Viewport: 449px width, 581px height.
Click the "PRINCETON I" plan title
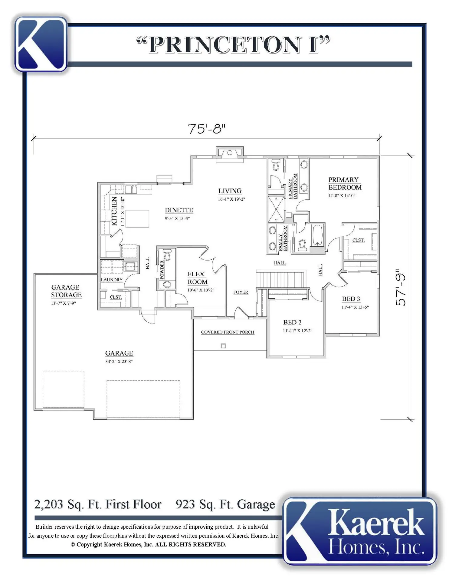click(x=233, y=45)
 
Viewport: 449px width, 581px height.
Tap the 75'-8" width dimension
click(x=207, y=129)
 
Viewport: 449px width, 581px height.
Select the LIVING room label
click(x=230, y=191)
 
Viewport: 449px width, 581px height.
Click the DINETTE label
click(x=179, y=210)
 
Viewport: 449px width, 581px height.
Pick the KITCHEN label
click(x=114, y=211)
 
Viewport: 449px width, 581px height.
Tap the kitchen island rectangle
click(x=137, y=218)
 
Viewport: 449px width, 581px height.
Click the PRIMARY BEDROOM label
click(x=345, y=183)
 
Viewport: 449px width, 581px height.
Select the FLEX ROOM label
click(x=198, y=278)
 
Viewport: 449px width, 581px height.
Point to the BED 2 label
click(x=292, y=322)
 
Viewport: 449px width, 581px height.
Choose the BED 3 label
click(x=351, y=299)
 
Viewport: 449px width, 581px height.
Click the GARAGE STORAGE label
click(x=66, y=291)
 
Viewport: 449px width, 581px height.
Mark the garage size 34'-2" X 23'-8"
click(x=119, y=361)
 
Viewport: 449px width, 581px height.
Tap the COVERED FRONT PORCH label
click(x=228, y=332)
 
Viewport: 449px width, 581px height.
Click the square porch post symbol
click(x=223, y=346)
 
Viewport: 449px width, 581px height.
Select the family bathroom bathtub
click(x=317, y=235)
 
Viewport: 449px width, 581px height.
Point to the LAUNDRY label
click(x=112, y=280)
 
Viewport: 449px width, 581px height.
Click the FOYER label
click(x=241, y=292)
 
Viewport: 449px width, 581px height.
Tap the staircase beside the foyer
click(x=280, y=279)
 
